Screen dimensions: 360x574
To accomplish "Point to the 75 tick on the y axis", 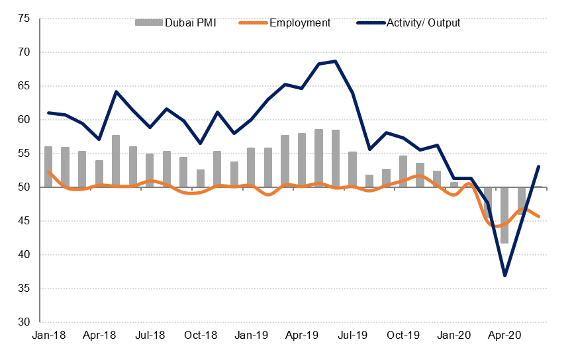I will (24, 19).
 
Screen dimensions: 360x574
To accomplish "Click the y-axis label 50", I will (24, 187).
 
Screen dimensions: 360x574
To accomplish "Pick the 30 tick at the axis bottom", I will (24, 322).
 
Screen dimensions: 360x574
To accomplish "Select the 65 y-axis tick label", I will (24, 86).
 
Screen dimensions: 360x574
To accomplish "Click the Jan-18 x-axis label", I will (48, 336).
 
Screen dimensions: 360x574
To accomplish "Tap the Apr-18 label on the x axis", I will (99, 336).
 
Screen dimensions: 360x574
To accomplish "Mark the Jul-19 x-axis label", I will (352, 336).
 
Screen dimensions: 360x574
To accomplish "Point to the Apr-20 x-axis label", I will (504, 336).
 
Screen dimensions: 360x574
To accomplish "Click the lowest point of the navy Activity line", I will (505, 275).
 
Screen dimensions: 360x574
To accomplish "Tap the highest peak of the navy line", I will (336, 62).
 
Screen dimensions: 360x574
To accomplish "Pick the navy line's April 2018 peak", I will (116, 91).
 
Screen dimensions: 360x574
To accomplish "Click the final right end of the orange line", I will (539, 216).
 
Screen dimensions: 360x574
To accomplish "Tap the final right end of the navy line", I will (539, 166).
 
